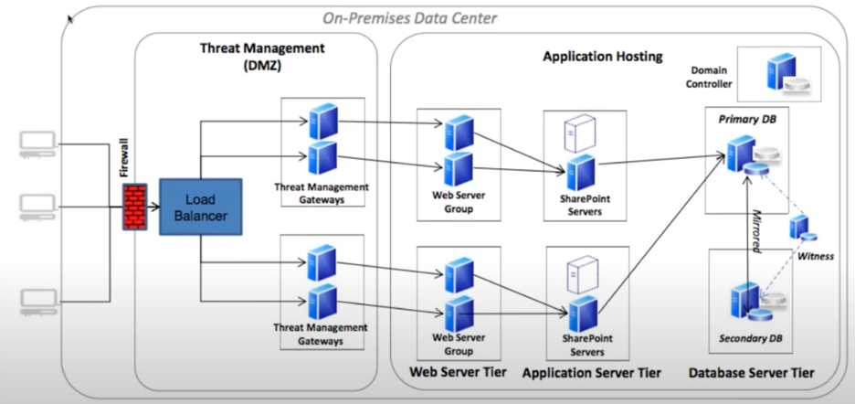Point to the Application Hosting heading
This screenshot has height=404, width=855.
[x=602, y=56]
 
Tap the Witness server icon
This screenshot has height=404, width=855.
[x=801, y=229]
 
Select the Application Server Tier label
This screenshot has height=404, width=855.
[x=591, y=373]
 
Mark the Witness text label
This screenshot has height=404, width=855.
[x=816, y=256]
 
